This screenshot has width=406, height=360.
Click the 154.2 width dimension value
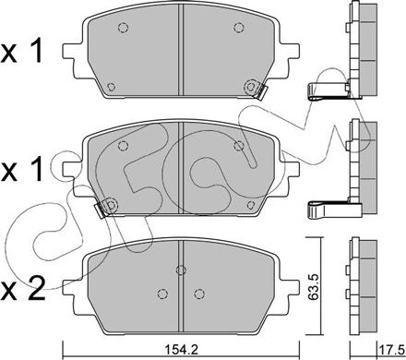pos(180,349)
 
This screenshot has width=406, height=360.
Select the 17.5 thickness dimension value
pos(381,349)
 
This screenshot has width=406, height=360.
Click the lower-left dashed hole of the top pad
pos(112,88)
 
